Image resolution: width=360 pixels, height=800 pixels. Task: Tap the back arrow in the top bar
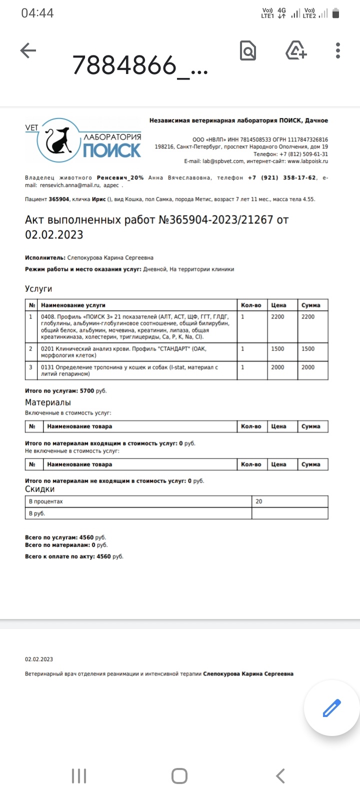click(x=28, y=50)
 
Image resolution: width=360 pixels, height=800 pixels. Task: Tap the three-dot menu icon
click(x=338, y=50)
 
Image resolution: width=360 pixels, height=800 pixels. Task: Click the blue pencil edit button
click(x=331, y=708)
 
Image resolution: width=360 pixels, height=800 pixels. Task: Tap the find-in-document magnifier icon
click(x=248, y=50)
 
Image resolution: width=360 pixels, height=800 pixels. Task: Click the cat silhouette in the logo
click(x=58, y=141)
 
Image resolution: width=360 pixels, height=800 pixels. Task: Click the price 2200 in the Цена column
click(x=277, y=317)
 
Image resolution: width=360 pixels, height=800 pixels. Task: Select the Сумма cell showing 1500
click(x=308, y=349)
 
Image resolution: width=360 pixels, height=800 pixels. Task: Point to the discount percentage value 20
click(x=259, y=501)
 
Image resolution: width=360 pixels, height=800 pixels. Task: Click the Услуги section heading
click(x=38, y=289)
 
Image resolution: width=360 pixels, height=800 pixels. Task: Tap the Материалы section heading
click(x=48, y=402)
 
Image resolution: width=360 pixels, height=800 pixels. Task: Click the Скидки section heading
click(x=40, y=489)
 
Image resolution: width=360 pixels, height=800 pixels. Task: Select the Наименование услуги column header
click(x=73, y=305)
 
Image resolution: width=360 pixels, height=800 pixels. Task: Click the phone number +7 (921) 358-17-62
click(x=282, y=178)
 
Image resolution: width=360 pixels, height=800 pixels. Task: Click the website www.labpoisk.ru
click(x=307, y=161)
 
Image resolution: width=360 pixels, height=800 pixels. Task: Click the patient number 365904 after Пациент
click(x=59, y=199)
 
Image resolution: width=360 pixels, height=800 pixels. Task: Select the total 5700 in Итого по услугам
click(x=87, y=391)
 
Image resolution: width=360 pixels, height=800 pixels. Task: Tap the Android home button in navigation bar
click(x=179, y=776)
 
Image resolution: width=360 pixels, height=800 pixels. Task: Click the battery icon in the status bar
click(x=336, y=13)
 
